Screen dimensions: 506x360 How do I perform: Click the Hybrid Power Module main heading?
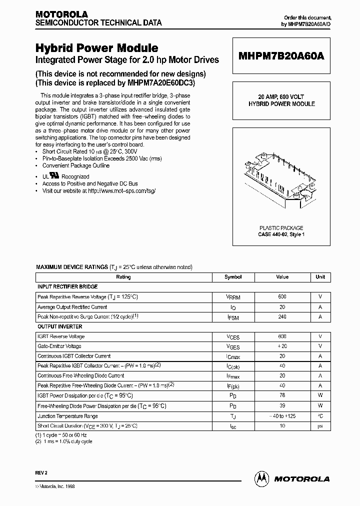pos(96,48)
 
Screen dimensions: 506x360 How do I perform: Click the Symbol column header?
pos(233,277)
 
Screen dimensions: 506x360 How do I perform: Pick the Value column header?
pos(282,277)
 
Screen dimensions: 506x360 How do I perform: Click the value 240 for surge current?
pos(282,316)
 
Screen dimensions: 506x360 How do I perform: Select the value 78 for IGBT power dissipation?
pos(282,395)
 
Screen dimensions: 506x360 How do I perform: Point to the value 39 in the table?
pos(282,405)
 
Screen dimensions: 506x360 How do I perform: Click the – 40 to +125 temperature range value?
pos(282,415)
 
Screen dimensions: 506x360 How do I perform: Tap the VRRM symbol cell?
pos(233,297)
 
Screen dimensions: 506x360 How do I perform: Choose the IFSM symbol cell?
pos(233,317)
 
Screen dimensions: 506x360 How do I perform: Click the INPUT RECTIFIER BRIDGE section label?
pos(67,286)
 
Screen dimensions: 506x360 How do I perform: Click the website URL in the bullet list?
pos(118,191)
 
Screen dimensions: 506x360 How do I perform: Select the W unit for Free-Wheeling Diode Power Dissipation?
pos(320,405)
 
